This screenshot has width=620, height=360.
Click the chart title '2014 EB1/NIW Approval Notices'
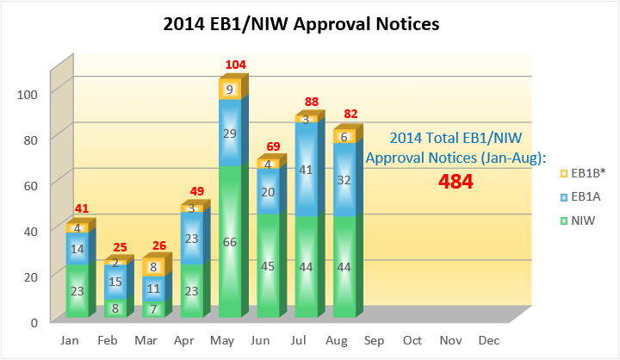click(301, 24)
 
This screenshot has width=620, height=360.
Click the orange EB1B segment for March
click(152, 267)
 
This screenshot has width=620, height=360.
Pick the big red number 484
click(455, 182)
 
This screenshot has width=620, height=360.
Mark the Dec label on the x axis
click(487, 341)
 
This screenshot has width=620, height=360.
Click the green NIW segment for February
click(114, 307)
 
